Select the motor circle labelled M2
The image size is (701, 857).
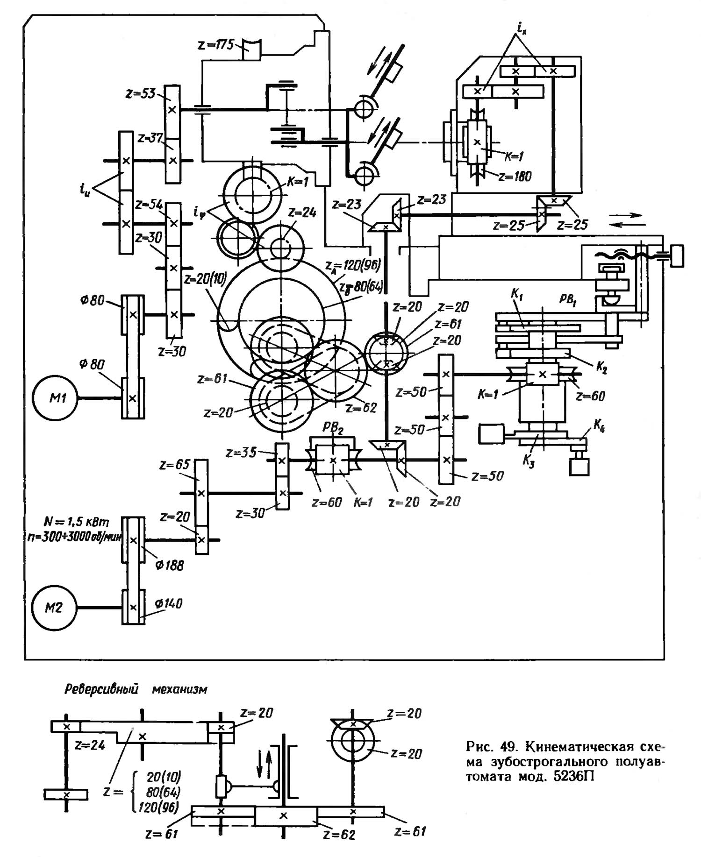(54, 608)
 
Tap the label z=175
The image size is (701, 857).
(216, 46)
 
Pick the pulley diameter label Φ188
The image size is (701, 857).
(170, 566)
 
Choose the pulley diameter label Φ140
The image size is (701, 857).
(169, 604)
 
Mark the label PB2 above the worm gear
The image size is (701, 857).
(333, 428)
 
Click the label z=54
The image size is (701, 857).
(149, 205)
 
